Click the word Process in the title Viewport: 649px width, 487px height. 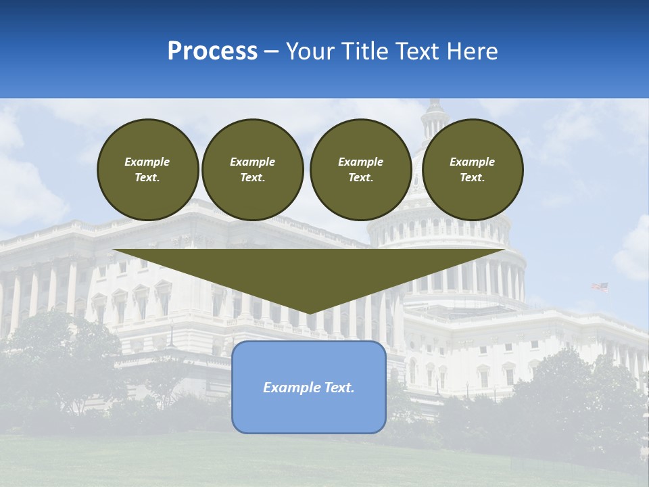click(x=212, y=51)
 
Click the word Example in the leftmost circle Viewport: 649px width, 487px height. click(x=147, y=162)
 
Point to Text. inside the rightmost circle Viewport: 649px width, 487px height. click(x=472, y=177)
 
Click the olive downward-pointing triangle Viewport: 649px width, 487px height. click(x=309, y=271)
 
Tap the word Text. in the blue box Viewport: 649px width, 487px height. click(x=340, y=388)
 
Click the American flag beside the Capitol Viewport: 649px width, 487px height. click(x=600, y=287)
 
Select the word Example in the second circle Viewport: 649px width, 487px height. click(x=253, y=162)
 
